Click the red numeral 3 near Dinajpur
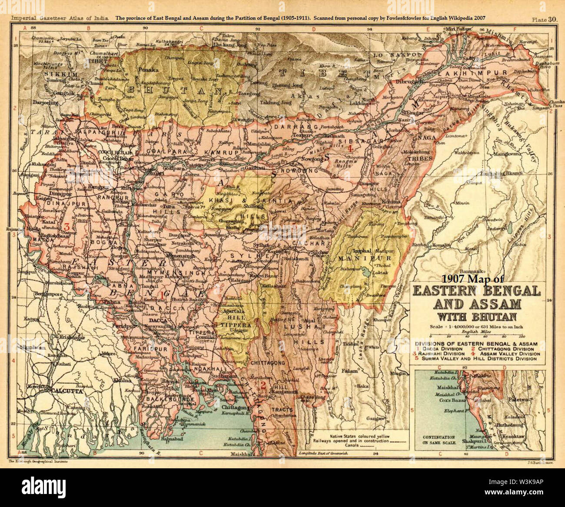point(66,226)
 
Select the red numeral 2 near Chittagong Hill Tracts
point(263,385)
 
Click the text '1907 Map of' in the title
point(473,279)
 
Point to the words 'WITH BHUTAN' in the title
point(476,316)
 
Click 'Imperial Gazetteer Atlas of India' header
point(60,18)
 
